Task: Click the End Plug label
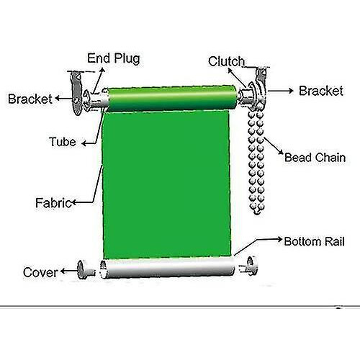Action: click(x=114, y=59)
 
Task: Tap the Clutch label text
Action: click(x=226, y=61)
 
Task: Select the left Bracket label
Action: click(x=30, y=99)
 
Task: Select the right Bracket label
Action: click(x=321, y=91)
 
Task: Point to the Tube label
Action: click(x=63, y=142)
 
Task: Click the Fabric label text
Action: click(x=54, y=203)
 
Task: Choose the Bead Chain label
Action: click(x=315, y=158)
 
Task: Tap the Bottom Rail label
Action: click(x=314, y=241)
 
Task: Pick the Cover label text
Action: click(x=40, y=272)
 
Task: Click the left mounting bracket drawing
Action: click(x=76, y=93)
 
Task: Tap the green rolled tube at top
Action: click(x=172, y=98)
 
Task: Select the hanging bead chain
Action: click(x=256, y=161)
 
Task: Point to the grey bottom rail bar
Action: click(x=168, y=268)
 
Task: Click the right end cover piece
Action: click(x=249, y=266)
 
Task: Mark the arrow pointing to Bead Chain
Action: click(x=274, y=146)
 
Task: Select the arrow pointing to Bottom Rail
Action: click(x=258, y=247)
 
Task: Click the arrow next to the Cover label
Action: click(x=69, y=271)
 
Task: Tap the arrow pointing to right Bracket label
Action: click(x=281, y=91)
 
